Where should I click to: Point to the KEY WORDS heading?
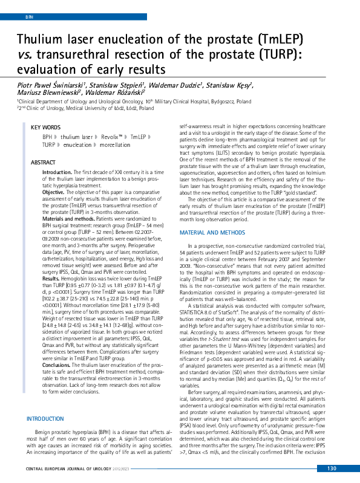(45, 128)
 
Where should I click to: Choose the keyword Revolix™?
(113, 137)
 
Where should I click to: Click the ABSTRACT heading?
(43, 163)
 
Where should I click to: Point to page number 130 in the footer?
(331, 468)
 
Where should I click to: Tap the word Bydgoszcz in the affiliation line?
(218, 102)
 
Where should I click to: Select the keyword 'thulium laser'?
(77, 137)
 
